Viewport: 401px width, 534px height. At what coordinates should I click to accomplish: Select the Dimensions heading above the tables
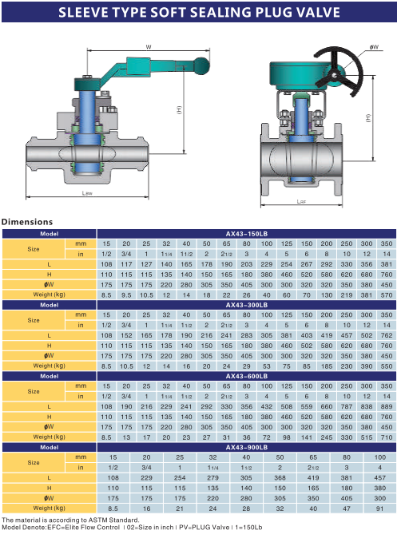click(27, 222)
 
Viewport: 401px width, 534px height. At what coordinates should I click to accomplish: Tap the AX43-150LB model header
click(246, 234)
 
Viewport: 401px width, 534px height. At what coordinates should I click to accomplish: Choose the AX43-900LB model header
click(246, 448)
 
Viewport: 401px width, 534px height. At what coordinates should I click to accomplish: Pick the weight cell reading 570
click(387, 295)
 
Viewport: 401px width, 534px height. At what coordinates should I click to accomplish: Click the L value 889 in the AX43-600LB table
click(387, 406)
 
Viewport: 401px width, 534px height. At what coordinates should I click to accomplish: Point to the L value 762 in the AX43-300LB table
click(387, 335)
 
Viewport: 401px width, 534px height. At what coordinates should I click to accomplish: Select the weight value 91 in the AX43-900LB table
click(380, 508)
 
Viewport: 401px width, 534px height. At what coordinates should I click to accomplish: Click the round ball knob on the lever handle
click(202, 65)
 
